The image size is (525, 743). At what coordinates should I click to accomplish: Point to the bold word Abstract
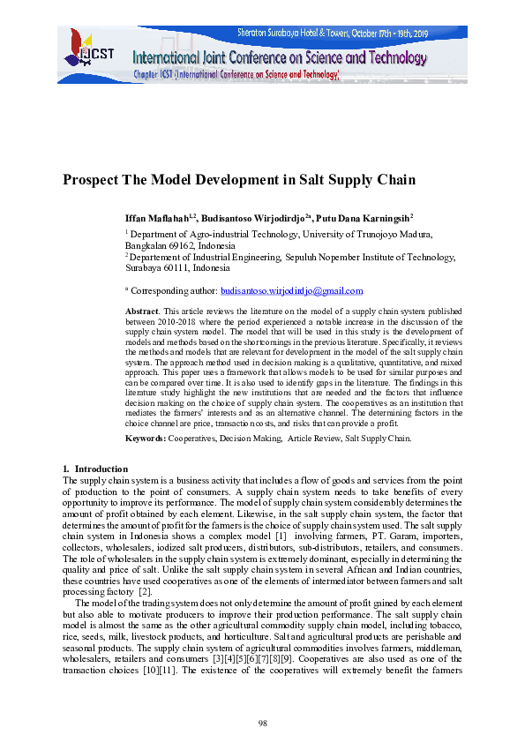click(x=141, y=312)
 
